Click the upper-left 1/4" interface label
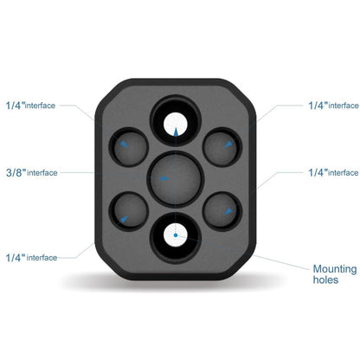[30, 106]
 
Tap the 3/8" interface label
[32, 173]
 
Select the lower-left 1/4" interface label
[31, 258]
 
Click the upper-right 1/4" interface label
[334, 106]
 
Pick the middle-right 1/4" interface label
[333, 173]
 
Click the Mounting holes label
[335, 274]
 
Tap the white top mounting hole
[176, 125]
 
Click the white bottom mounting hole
[176, 235]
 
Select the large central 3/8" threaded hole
[176, 179]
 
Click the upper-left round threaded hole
[129, 147]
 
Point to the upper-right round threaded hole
[222, 147]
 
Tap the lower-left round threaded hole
[129, 211]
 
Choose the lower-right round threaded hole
[222, 211]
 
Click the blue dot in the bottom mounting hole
[176, 235]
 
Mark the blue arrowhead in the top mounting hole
[176, 132]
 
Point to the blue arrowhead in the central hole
[165, 178]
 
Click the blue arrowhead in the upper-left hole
[125, 145]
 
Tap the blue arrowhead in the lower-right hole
[228, 211]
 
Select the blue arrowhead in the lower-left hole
[125, 219]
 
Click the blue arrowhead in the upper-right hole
[228, 145]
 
